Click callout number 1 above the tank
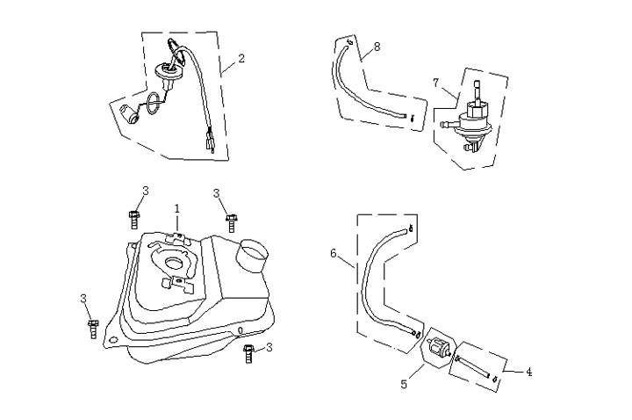pos(176,209)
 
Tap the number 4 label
pos(528,372)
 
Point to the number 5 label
pos(405,383)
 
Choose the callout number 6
pos(334,253)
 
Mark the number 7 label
pos(436,82)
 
